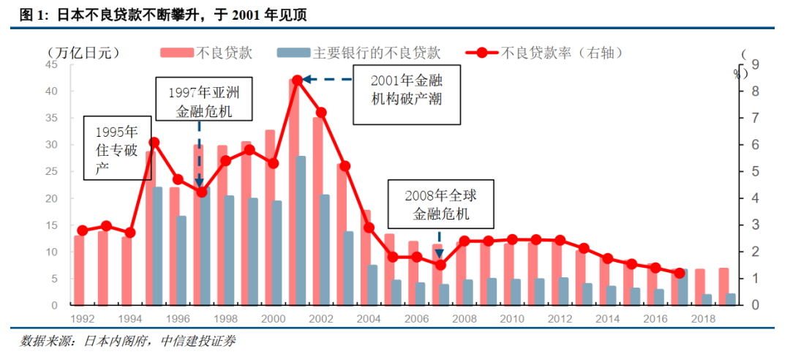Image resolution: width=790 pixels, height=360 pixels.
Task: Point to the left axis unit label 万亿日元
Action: (83, 53)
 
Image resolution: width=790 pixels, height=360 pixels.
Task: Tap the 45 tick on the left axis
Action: (52, 64)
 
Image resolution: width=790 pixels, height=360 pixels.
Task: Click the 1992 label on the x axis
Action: (82, 319)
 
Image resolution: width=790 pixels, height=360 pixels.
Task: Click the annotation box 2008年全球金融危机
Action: (440, 204)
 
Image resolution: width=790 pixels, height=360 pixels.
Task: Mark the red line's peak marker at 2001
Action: (296, 80)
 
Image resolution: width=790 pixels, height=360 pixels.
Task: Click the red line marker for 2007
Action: (440, 265)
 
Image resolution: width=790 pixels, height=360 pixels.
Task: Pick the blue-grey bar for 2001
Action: (301, 230)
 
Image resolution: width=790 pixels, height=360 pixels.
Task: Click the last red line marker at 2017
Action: (679, 273)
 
